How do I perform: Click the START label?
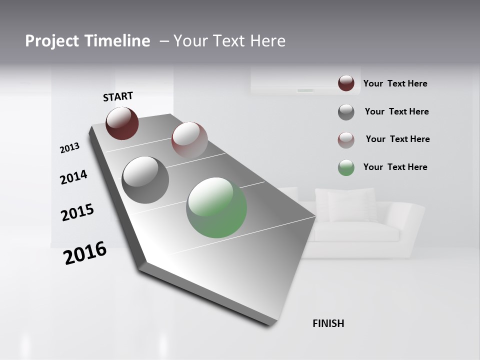[118, 96]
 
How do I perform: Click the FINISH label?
[328, 323]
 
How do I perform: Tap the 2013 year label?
[69, 148]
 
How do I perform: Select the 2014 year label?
[73, 177]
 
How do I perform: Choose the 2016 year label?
[85, 253]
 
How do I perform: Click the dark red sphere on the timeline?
[122, 123]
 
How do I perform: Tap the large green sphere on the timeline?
[216, 207]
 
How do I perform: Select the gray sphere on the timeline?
[145, 180]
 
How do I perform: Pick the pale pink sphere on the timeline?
[189, 139]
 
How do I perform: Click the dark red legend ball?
[346, 83]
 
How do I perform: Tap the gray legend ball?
[346, 112]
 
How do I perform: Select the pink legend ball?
[346, 140]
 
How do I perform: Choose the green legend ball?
[346, 167]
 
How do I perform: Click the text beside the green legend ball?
[395, 167]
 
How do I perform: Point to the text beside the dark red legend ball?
[395, 83]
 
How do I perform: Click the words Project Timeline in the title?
[87, 41]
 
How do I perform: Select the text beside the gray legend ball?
[396, 111]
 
